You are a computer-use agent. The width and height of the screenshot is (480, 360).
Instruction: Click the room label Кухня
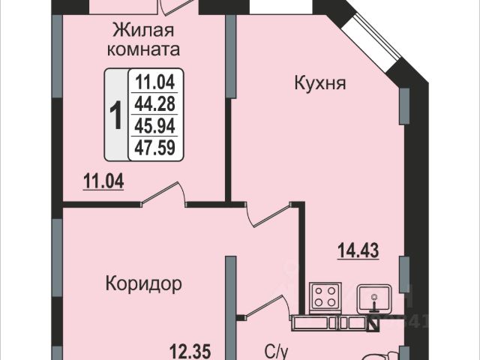[x=320, y=83]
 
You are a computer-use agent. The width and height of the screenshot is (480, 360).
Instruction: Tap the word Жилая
[x=143, y=30]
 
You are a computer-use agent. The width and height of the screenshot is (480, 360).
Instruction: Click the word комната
[x=143, y=49]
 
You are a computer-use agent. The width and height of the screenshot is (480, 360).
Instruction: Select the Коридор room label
[x=143, y=284]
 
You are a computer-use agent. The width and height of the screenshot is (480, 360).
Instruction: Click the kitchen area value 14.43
[x=358, y=250]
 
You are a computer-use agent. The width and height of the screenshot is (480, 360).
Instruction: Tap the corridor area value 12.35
[x=190, y=352]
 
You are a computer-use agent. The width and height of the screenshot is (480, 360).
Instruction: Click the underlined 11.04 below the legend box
[x=103, y=181]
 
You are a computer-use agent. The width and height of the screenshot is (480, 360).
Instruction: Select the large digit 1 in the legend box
[x=116, y=115]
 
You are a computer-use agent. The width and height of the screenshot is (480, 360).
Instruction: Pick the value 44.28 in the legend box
[x=155, y=103]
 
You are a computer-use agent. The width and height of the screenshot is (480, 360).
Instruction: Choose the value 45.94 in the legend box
[x=155, y=126]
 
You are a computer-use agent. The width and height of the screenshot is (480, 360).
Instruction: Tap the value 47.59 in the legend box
[x=155, y=147]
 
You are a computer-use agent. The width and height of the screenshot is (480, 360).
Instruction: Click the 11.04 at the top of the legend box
[x=155, y=82]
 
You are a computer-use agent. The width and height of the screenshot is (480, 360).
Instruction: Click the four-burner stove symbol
[x=325, y=298]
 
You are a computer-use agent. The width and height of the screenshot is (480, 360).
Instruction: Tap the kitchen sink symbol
[x=373, y=299]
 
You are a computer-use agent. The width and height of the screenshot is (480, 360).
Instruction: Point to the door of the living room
[x=163, y=193]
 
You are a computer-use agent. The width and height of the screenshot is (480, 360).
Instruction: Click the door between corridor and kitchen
[x=268, y=214]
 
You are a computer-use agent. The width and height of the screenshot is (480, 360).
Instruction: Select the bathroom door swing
[x=265, y=307]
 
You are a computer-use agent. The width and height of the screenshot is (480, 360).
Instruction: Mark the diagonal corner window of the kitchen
[x=371, y=37]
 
